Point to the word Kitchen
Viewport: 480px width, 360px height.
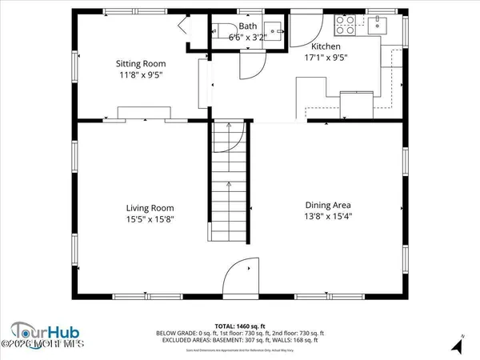[x=326, y=46]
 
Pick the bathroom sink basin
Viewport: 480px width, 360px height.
[x=274, y=31]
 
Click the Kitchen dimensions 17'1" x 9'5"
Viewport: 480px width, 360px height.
[x=326, y=57]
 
